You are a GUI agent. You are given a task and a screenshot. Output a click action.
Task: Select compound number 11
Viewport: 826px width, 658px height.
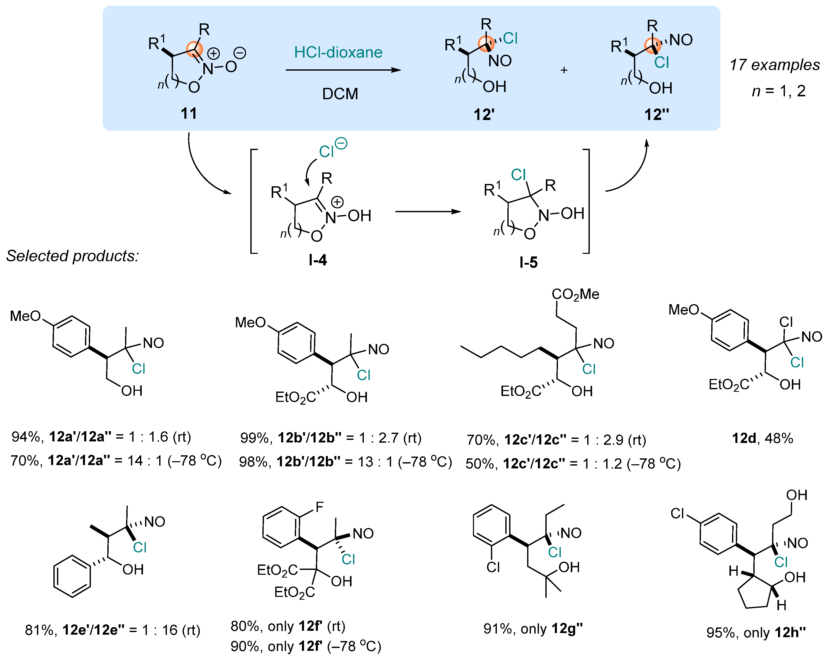[x=188, y=114]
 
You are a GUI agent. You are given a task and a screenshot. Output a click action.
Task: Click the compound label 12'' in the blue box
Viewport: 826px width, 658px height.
[x=656, y=115]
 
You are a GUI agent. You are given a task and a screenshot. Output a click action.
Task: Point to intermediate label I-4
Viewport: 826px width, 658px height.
[x=318, y=260]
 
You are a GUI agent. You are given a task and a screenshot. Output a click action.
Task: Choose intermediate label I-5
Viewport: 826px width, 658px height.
[x=528, y=263]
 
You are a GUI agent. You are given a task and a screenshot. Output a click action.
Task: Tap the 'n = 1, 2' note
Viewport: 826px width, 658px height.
[x=778, y=91]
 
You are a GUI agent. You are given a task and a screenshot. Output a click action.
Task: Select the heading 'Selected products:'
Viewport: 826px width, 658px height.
[x=72, y=256]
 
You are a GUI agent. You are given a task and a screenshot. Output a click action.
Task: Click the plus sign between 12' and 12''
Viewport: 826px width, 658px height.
[x=564, y=70]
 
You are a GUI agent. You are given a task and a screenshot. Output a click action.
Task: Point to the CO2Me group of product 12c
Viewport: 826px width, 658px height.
[x=575, y=294]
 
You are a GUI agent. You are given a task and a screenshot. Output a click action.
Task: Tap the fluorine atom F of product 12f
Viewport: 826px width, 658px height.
[x=319, y=507]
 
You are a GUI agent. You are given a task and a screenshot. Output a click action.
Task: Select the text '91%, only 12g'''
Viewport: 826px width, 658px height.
[x=533, y=629]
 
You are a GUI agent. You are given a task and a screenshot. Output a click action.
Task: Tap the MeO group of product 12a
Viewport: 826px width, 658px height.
[x=25, y=316]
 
